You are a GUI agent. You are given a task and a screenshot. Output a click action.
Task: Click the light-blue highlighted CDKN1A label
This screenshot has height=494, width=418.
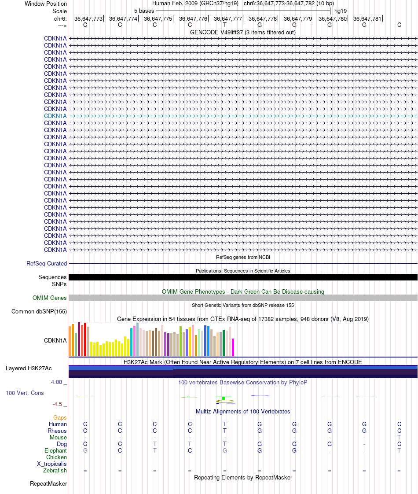(55, 116)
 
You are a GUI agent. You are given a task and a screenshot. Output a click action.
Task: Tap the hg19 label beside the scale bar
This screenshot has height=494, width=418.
(341, 11)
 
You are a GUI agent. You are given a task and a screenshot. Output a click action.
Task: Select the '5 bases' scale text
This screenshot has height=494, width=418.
(144, 11)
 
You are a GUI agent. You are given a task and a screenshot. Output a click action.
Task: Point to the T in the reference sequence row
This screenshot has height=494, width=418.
(224, 25)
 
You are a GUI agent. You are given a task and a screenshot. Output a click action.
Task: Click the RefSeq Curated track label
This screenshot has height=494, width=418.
(47, 264)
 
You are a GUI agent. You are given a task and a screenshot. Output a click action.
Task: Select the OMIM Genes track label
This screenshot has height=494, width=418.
(50, 298)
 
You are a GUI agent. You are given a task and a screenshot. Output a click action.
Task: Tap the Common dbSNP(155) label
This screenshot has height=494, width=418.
(39, 312)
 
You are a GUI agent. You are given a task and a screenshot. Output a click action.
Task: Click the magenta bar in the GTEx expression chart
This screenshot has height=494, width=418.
(233, 347)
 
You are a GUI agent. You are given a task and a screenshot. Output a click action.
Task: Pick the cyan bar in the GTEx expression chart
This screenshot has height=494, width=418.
(132, 342)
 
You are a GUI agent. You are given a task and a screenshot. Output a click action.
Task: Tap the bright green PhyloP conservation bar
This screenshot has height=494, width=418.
(224, 398)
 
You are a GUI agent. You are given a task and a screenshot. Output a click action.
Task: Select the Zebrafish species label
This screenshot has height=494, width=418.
(55, 471)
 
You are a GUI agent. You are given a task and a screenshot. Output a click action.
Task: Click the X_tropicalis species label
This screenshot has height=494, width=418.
(52, 464)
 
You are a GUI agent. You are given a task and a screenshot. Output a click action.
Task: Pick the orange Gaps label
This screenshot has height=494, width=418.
(60, 417)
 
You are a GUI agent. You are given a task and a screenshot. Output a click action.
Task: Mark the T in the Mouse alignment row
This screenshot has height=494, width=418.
(399, 437)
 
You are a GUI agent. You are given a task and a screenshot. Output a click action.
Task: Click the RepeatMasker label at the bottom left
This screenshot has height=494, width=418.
(48, 484)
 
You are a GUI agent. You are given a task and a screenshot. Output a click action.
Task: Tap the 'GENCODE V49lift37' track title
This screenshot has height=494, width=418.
(242, 32)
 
